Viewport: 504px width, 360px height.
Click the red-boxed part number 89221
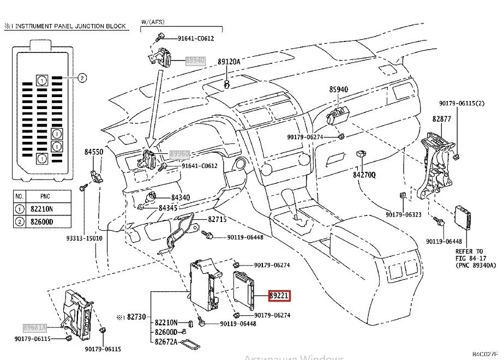click(x=279, y=296)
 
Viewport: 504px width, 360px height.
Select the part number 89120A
click(x=229, y=62)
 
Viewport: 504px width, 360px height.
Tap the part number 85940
click(x=338, y=89)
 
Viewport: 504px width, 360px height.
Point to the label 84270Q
click(x=364, y=175)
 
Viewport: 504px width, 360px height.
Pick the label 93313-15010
click(x=85, y=238)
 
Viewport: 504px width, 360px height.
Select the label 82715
click(x=217, y=219)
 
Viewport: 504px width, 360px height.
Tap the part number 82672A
click(x=166, y=342)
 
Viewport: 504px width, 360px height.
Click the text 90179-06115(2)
click(x=462, y=103)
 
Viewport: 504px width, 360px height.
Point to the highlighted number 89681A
click(x=35, y=327)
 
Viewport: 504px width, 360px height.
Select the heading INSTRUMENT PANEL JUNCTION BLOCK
click(x=69, y=26)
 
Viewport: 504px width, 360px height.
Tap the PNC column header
click(x=45, y=195)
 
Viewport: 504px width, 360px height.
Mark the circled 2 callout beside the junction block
click(x=81, y=78)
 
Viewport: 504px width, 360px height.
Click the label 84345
click(x=169, y=208)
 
